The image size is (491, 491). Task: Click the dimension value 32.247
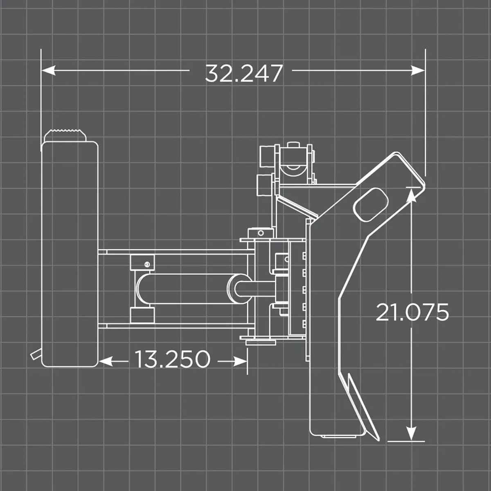pos(244,73)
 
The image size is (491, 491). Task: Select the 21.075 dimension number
pos(412,313)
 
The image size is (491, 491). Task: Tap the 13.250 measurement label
pos(172,359)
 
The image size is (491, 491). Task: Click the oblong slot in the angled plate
pos(371,205)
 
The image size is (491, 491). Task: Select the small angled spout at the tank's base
pos(36,354)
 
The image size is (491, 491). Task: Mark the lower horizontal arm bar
pos(176,326)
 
